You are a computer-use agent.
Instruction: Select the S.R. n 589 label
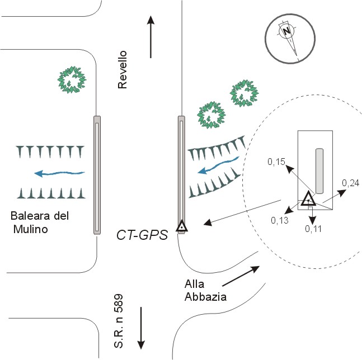click(x=119, y=320)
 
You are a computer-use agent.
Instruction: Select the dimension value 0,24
click(x=350, y=183)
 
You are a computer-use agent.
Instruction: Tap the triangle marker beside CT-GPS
click(x=181, y=226)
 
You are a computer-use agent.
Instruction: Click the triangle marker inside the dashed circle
click(x=308, y=200)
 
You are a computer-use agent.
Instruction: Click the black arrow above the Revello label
click(x=151, y=36)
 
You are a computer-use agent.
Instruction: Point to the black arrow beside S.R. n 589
click(x=141, y=326)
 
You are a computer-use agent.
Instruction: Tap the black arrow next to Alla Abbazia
click(x=241, y=276)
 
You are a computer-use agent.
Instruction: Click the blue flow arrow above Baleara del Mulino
click(x=59, y=173)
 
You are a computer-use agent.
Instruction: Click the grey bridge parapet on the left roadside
click(x=97, y=174)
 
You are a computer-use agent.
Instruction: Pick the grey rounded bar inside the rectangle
click(x=319, y=169)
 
